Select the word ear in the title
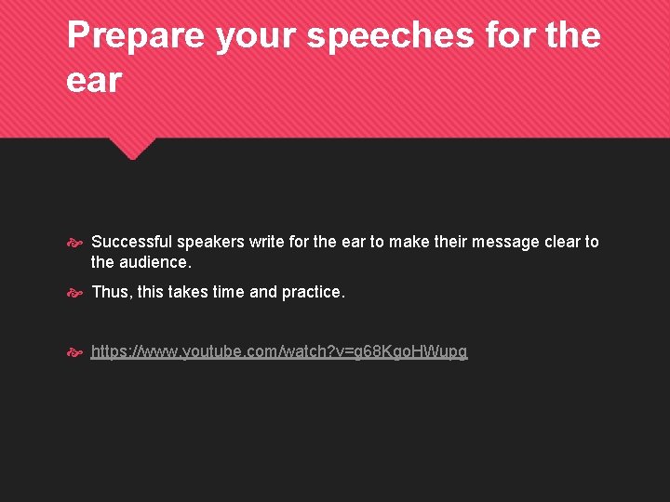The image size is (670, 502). click(94, 80)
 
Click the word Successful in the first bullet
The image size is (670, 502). click(132, 242)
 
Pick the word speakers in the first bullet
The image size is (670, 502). click(211, 242)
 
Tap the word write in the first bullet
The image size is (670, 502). click(267, 242)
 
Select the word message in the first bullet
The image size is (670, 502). click(506, 242)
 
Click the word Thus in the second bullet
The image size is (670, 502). click(111, 292)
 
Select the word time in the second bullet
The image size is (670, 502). click(228, 292)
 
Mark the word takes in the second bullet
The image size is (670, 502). click(187, 292)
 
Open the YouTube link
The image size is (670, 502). click(279, 351)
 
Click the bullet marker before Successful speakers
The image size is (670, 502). click(75, 243)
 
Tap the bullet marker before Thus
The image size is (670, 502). click(75, 293)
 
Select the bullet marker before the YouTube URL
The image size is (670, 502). click(75, 352)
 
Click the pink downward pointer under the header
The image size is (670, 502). click(133, 148)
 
